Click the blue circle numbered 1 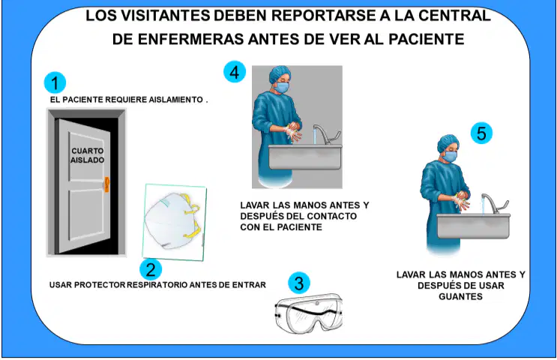click(55, 82)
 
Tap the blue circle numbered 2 click(151, 269)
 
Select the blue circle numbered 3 click(299, 283)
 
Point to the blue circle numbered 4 click(235, 72)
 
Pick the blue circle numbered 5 click(481, 133)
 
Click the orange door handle click(106, 184)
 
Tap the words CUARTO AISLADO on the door click(88, 155)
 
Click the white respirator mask click(173, 220)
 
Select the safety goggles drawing click(309, 313)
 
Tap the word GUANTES click(461, 297)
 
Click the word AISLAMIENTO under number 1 click(175, 100)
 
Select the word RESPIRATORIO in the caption click(157, 285)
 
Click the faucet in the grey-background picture click(326, 134)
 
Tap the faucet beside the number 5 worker click(495, 203)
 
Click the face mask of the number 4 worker click(282, 87)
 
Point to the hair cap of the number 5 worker click(448, 142)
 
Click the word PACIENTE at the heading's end click(427, 39)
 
